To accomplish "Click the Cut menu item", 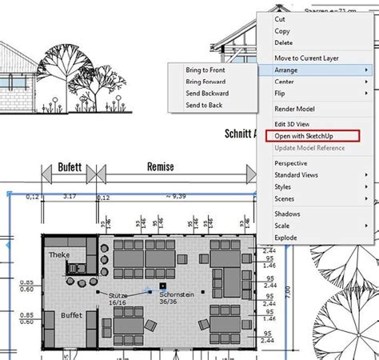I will [280, 18].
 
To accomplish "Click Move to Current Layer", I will [307, 58].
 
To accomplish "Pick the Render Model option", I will [294, 109].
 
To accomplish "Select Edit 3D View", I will [293, 124].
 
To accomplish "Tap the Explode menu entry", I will [286, 238].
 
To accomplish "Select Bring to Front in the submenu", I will [205, 71].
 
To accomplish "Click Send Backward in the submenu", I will [207, 94].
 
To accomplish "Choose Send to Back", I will [204, 105].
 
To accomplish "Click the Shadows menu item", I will [287, 214].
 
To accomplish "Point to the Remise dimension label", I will [161, 168].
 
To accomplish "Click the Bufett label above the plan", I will [70, 169].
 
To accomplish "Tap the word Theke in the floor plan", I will [60, 255].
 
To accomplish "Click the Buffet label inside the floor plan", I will [72, 316].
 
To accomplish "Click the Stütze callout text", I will [118, 295].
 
